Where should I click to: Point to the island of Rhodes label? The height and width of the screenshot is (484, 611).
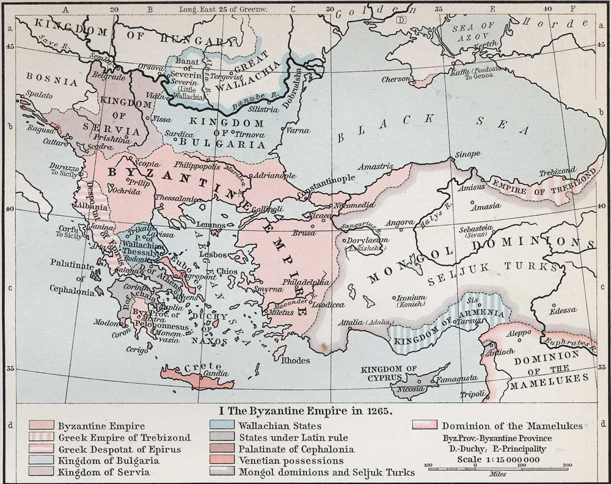[x=295, y=361]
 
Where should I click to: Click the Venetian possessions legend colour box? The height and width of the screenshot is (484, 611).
[x=222, y=461]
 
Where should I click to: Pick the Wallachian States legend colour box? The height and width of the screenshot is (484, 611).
[x=222, y=426]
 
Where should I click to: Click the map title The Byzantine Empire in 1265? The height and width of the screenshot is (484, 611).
[x=305, y=411]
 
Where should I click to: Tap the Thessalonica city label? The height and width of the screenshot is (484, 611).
[x=178, y=199]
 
